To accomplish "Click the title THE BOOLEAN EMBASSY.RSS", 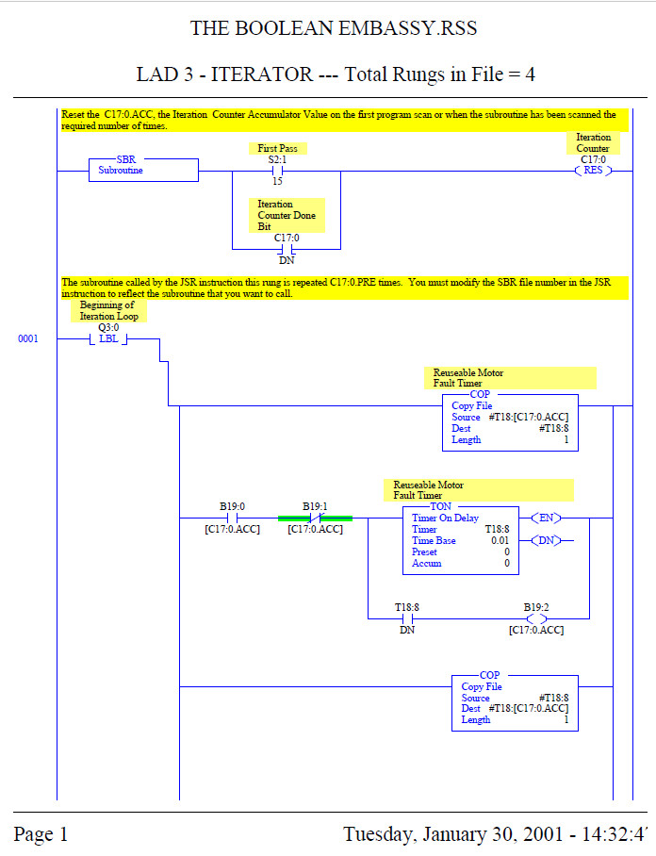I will pos(334,28).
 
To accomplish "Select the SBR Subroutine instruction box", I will pos(143,170).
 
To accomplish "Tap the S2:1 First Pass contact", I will pos(278,171).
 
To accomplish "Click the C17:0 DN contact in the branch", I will pos(287,250).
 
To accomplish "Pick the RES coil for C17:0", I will pos(593,171).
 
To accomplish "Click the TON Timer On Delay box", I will pos(459,538).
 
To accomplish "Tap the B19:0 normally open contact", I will pos(232,518).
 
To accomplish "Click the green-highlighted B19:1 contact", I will pos(315,518).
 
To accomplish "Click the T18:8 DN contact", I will pos(407,618).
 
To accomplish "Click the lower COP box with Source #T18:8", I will pos(515,701).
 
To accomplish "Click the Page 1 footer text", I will pos(41,834).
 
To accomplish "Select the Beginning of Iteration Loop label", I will pos(108,311).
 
